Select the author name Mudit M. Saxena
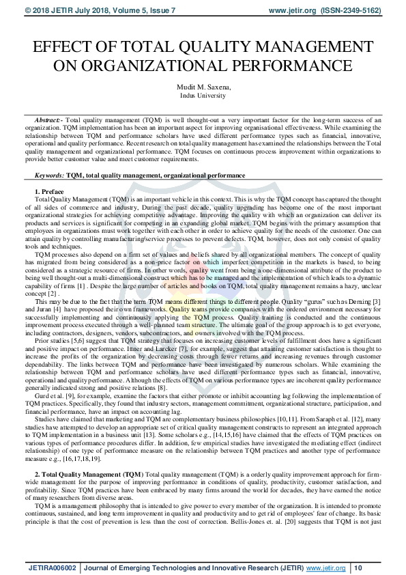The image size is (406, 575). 203,87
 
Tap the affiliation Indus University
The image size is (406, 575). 203,96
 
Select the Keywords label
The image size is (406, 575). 48,176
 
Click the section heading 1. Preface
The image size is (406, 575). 48,191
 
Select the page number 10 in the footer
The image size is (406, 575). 358,567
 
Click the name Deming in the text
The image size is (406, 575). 356,301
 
